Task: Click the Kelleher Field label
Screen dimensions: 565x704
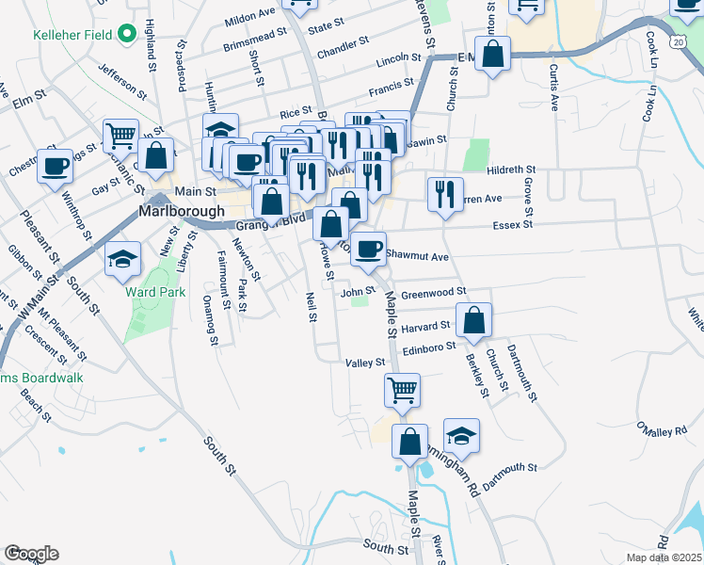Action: [x=58, y=35]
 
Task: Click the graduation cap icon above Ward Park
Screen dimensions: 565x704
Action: [x=122, y=261]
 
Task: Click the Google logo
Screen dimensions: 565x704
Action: [x=31, y=554]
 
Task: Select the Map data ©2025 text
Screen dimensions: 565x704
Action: [x=664, y=557]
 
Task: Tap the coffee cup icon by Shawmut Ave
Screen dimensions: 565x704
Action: [x=368, y=248]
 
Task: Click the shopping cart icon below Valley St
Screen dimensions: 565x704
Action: [x=402, y=388]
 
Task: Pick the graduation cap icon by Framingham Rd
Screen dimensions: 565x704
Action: [x=461, y=434]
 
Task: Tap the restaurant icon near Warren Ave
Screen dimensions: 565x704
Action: [x=444, y=193]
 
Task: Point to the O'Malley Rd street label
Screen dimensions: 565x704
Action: [x=660, y=429]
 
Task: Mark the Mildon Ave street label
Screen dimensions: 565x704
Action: [x=249, y=18]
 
